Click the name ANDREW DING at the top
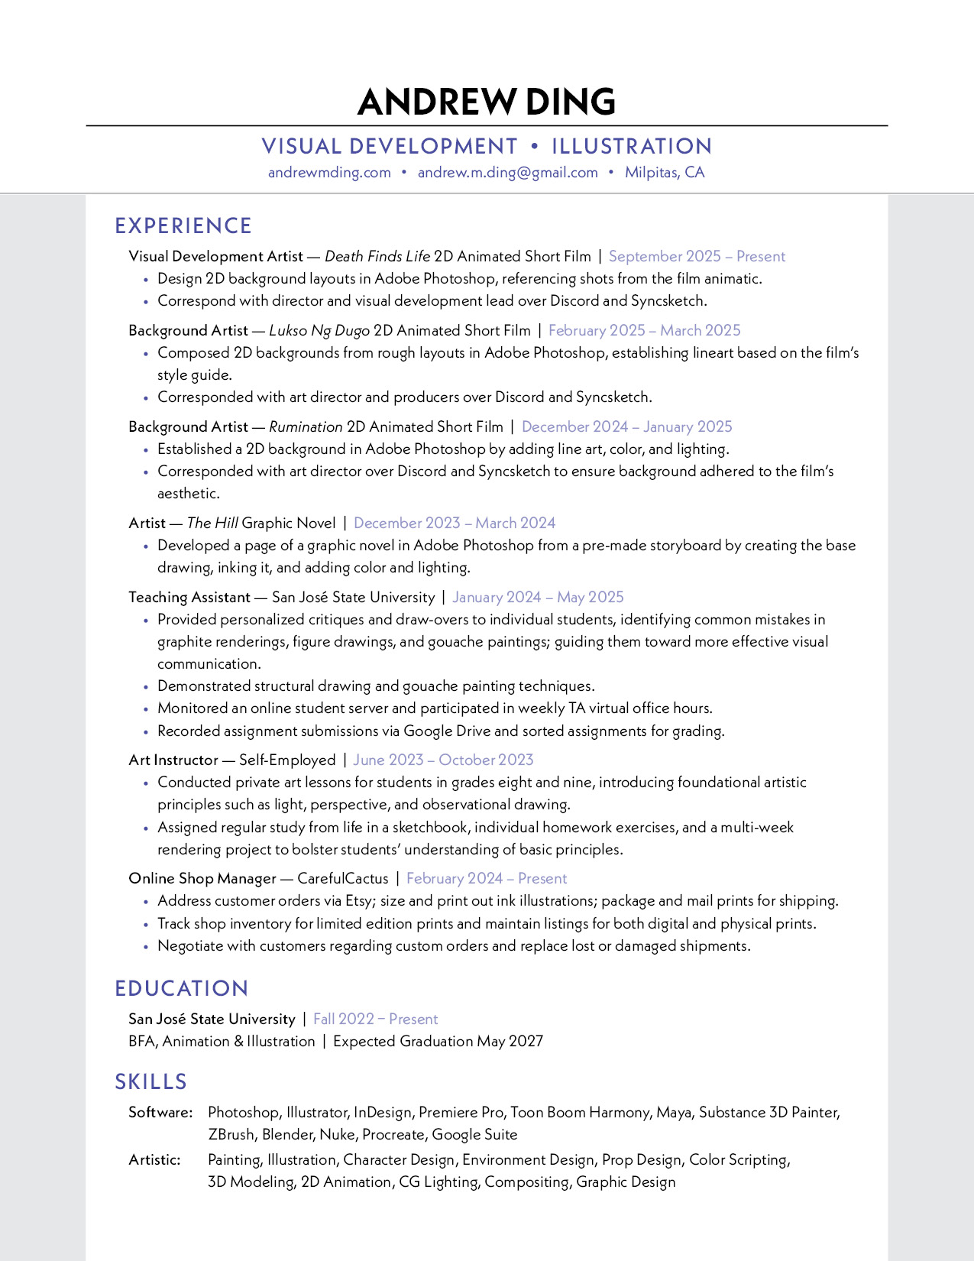click(487, 102)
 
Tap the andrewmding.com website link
click(329, 173)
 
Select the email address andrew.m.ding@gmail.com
click(507, 173)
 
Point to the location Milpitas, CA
click(665, 173)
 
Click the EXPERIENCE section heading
click(183, 226)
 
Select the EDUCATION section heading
click(182, 989)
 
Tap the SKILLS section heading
click(151, 1082)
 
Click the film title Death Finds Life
click(377, 257)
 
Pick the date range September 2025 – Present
click(697, 257)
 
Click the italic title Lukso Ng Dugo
click(319, 331)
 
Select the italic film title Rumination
click(306, 427)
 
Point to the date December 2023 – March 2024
click(455, 524)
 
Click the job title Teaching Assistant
click(189, 598)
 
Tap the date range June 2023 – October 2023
click(443, 760)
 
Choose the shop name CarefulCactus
click(343, 879)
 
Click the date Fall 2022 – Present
click(375, 1019)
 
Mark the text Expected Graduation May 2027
click(438, 1042)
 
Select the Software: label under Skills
click(160, 1113)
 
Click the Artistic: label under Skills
click(155, 1160)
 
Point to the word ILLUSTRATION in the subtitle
click(632, 147)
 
